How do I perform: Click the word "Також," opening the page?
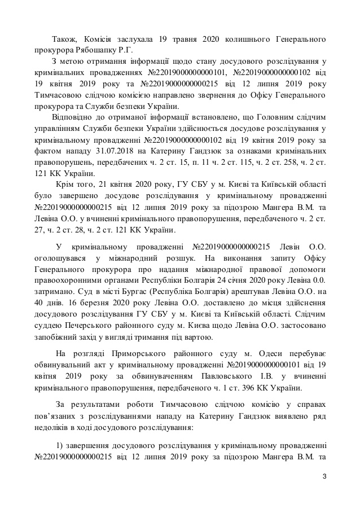[66, 39]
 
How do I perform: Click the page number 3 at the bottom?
[324, 477]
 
